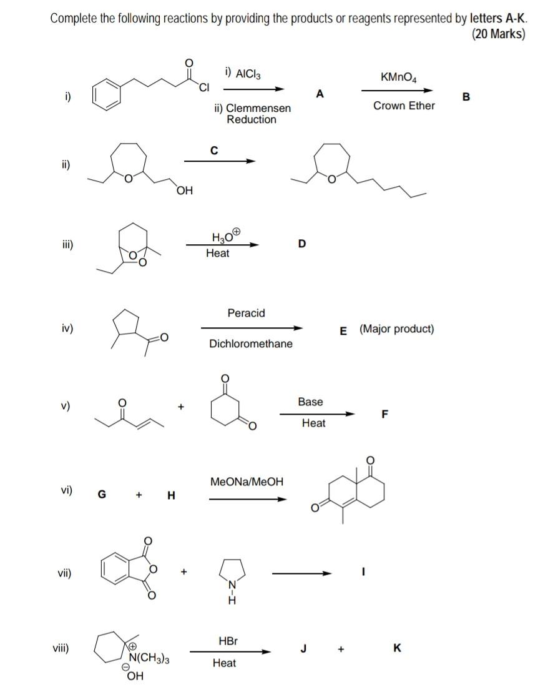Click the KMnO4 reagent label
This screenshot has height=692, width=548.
399,77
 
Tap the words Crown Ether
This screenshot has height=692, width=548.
404,106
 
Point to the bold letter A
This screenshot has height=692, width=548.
320,94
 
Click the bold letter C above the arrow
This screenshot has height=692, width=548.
214,150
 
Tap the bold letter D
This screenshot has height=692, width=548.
302,243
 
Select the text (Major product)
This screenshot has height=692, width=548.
396,329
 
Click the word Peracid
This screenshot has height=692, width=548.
246,313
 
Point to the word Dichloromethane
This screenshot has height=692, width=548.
250,344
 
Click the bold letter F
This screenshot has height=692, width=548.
385,413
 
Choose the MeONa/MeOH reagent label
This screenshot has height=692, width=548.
247,482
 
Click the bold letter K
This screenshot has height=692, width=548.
398,648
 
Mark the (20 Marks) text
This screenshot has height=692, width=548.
499,34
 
